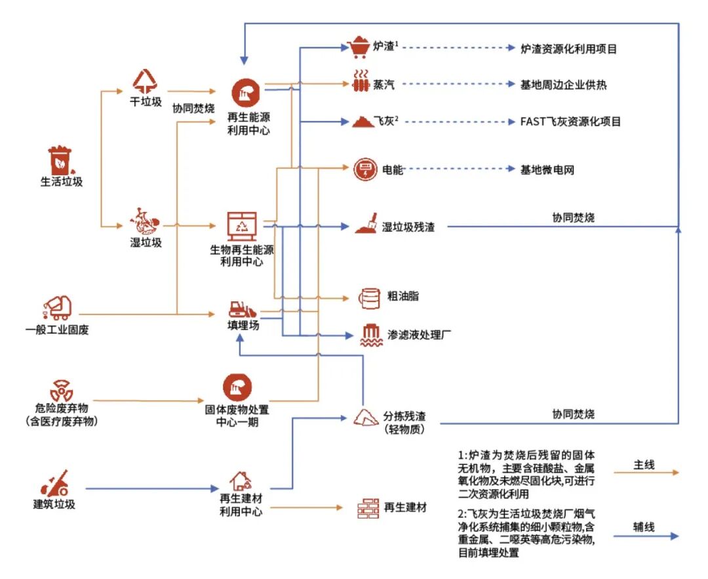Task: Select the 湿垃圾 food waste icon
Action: [146, 222]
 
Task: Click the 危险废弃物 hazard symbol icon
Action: [61, 390]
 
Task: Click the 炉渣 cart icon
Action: [359, 47]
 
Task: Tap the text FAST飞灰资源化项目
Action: [570, 121]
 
